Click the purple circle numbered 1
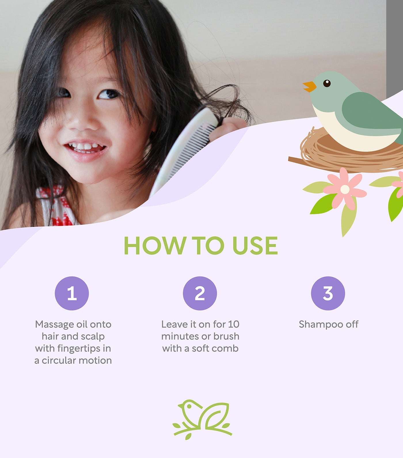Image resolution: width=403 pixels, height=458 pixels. (x=72, y=293)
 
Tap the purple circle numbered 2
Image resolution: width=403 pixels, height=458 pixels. (x=200, y=293)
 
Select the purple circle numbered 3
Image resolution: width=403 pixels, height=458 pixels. (x=328, y=293)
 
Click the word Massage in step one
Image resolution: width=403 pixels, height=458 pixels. (x=54, y=325)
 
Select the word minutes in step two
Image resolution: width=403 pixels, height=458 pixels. (x=180, y=336)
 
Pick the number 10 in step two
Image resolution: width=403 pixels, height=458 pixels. (x=234, y=324)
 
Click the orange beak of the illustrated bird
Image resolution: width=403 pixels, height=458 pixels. (x=309, y=86)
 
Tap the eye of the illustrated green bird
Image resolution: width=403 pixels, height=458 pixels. (x=327, y=83)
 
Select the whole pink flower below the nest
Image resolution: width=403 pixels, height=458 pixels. (x=345, y=189)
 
